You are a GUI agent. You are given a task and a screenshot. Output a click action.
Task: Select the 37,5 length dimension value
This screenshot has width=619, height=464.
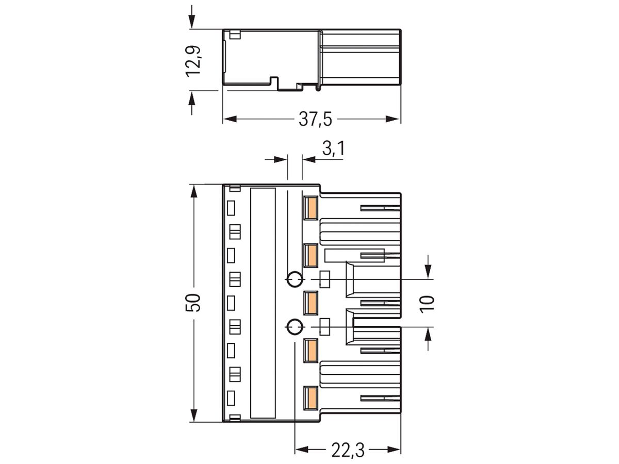(315, 120)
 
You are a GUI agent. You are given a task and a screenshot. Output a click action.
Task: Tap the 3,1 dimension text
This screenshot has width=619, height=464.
(333, 150)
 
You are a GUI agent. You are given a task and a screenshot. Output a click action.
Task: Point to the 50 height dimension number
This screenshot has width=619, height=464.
(193, 303)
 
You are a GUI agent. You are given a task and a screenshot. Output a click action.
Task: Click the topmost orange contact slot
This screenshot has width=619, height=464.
(311, 208)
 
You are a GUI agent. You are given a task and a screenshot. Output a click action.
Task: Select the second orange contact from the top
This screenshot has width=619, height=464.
(311, 255)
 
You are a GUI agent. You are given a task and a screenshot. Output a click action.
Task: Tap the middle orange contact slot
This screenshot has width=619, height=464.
(311, 303)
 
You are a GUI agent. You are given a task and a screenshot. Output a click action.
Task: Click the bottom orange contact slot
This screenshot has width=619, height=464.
(311, 398)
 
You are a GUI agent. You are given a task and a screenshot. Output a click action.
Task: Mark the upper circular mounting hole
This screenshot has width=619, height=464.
(294, 279)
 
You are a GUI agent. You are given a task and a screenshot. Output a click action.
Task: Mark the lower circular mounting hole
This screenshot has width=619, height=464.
(294, 327)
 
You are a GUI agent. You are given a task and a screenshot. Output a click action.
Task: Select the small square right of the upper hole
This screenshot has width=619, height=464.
(325, 279)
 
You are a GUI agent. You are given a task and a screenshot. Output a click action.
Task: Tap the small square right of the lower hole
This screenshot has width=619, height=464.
(325, 327)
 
